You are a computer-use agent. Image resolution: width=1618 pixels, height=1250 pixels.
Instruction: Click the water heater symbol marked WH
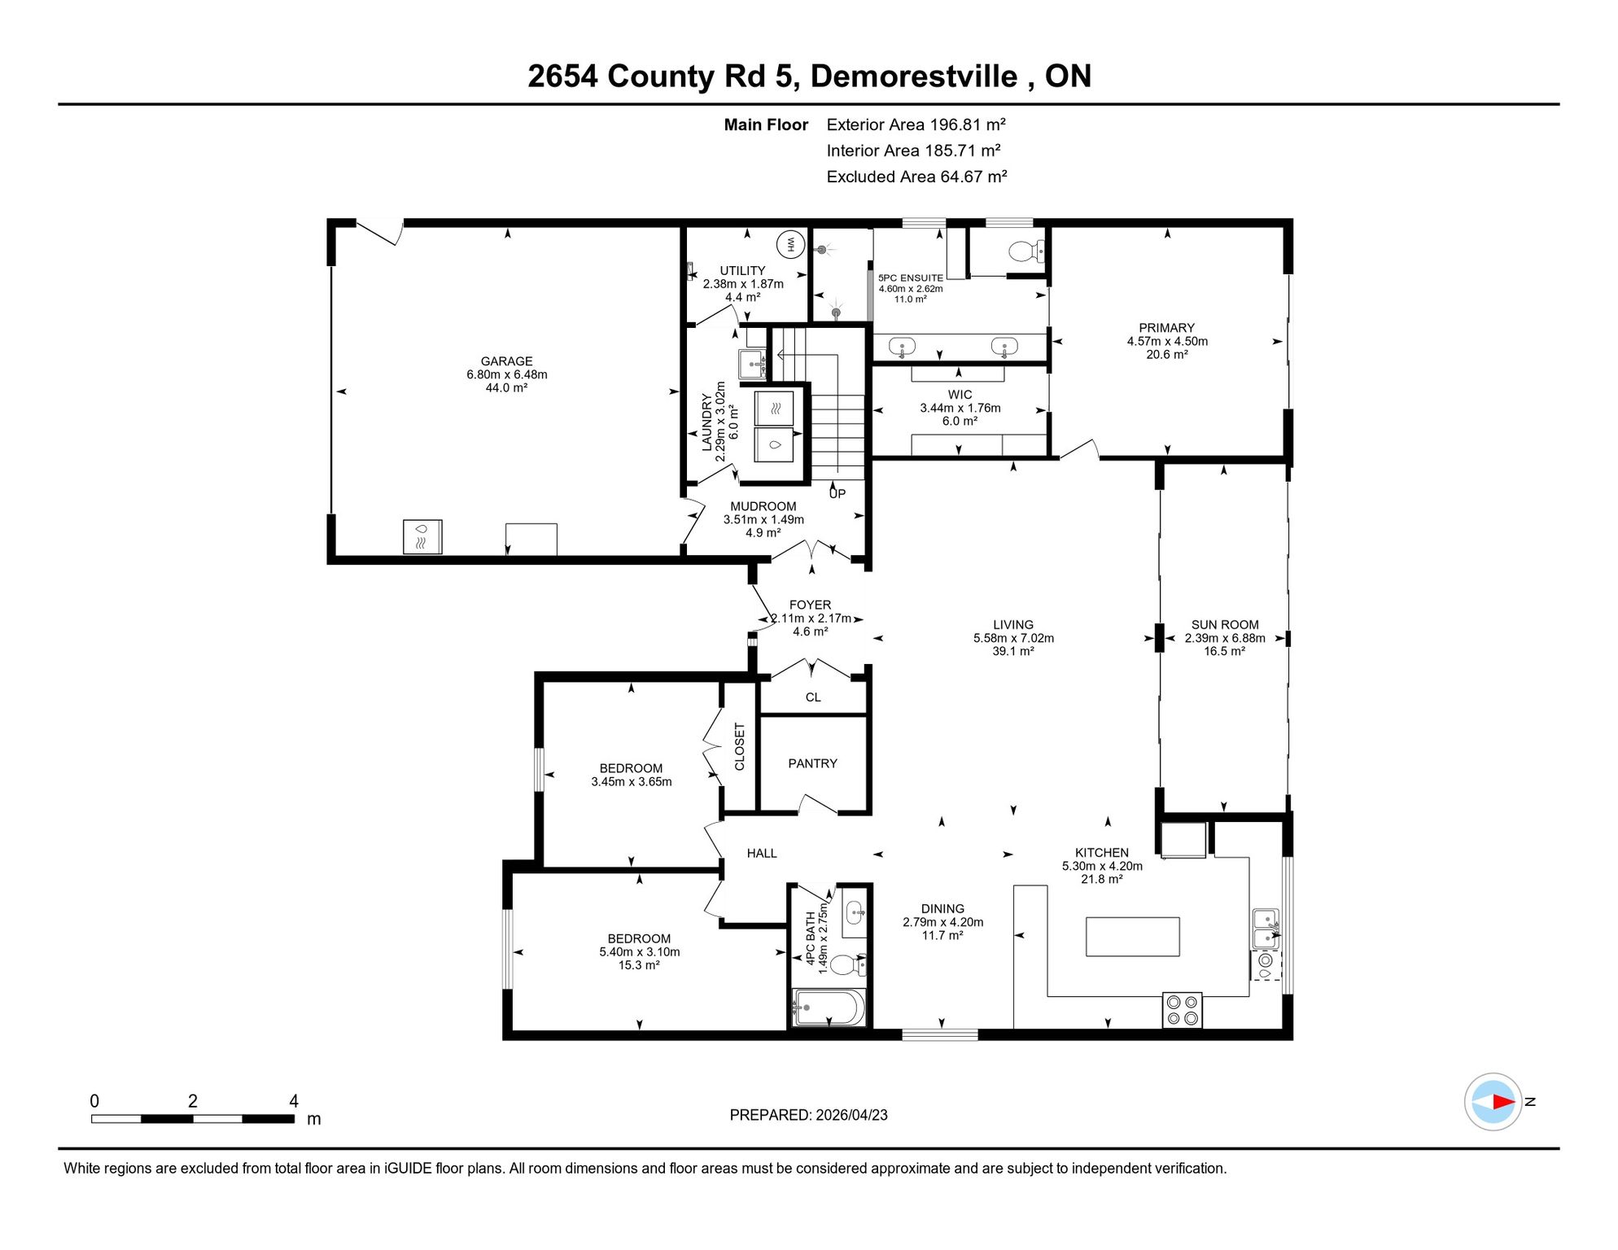click(x=790, y=244)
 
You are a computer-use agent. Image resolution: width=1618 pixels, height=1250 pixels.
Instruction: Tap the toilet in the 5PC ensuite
click(x=1026, y=251)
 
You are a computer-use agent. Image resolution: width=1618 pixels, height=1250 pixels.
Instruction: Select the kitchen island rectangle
click(x=1133, y=936)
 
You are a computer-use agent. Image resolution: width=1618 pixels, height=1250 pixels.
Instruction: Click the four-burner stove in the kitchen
click(x=1183, y=1010)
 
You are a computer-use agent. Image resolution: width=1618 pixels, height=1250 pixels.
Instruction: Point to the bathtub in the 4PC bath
click(x=828, y=1007)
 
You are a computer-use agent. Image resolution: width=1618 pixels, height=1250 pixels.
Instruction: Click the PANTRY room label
click(x=812, y=763)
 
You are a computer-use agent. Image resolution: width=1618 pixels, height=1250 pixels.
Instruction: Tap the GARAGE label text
click(x=506, y=361)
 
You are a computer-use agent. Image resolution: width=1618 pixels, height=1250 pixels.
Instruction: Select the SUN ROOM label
click(x=1225, y=625)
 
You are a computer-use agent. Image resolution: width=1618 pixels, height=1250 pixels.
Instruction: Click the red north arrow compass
click(x=1493, y=1102)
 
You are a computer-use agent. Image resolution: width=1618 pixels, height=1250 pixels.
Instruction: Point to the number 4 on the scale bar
click(x=294, y=1101)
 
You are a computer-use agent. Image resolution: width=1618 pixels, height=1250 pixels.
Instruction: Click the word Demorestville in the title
click(x=914, y=76)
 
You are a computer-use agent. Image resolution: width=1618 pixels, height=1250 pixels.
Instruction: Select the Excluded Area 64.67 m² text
click(x=916, y=177)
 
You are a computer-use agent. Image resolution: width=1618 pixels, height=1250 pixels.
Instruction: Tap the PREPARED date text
click(x=808, y=1115)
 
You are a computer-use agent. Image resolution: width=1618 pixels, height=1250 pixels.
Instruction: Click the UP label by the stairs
click(x=837, y=493)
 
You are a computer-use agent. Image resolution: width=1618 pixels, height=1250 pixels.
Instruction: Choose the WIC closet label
click(x=960, y=395)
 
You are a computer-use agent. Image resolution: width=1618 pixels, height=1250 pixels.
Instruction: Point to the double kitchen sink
click(x=1266, y=929)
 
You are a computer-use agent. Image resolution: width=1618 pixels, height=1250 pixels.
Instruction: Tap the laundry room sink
click(x=752, y=364)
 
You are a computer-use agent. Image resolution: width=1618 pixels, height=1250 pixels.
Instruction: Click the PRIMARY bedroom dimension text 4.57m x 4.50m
click(x=1167, y=342)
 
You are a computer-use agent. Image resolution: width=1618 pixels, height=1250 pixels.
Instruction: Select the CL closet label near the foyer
click(x=813, y=697)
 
